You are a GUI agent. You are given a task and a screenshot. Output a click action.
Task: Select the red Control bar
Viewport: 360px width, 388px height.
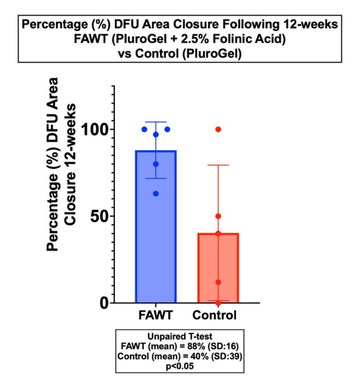click(x=218, y=270)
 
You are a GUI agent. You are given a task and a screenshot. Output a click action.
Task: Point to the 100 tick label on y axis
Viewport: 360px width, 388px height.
click(x=94, y=130)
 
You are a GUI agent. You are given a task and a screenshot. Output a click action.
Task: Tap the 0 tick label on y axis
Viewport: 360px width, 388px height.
click(x=104, y=303)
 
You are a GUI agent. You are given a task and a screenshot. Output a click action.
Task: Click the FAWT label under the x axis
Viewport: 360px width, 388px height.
click(x=155, y=315)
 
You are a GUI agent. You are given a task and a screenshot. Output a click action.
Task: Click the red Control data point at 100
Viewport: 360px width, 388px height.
click(x=218, y=129)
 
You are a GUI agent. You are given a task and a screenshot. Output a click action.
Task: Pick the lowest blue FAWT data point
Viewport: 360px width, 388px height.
click(x=156, y=194)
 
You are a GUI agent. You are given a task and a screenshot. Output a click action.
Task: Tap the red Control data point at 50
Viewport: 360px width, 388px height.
click(x=218, y=216)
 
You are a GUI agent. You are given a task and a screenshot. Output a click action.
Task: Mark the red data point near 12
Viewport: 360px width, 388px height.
click(x=218, y=282)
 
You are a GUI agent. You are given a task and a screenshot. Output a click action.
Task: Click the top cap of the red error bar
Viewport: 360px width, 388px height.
click(x=218, y=165)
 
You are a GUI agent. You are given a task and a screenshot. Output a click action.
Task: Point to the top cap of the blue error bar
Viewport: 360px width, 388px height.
click(x=156, y=122)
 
